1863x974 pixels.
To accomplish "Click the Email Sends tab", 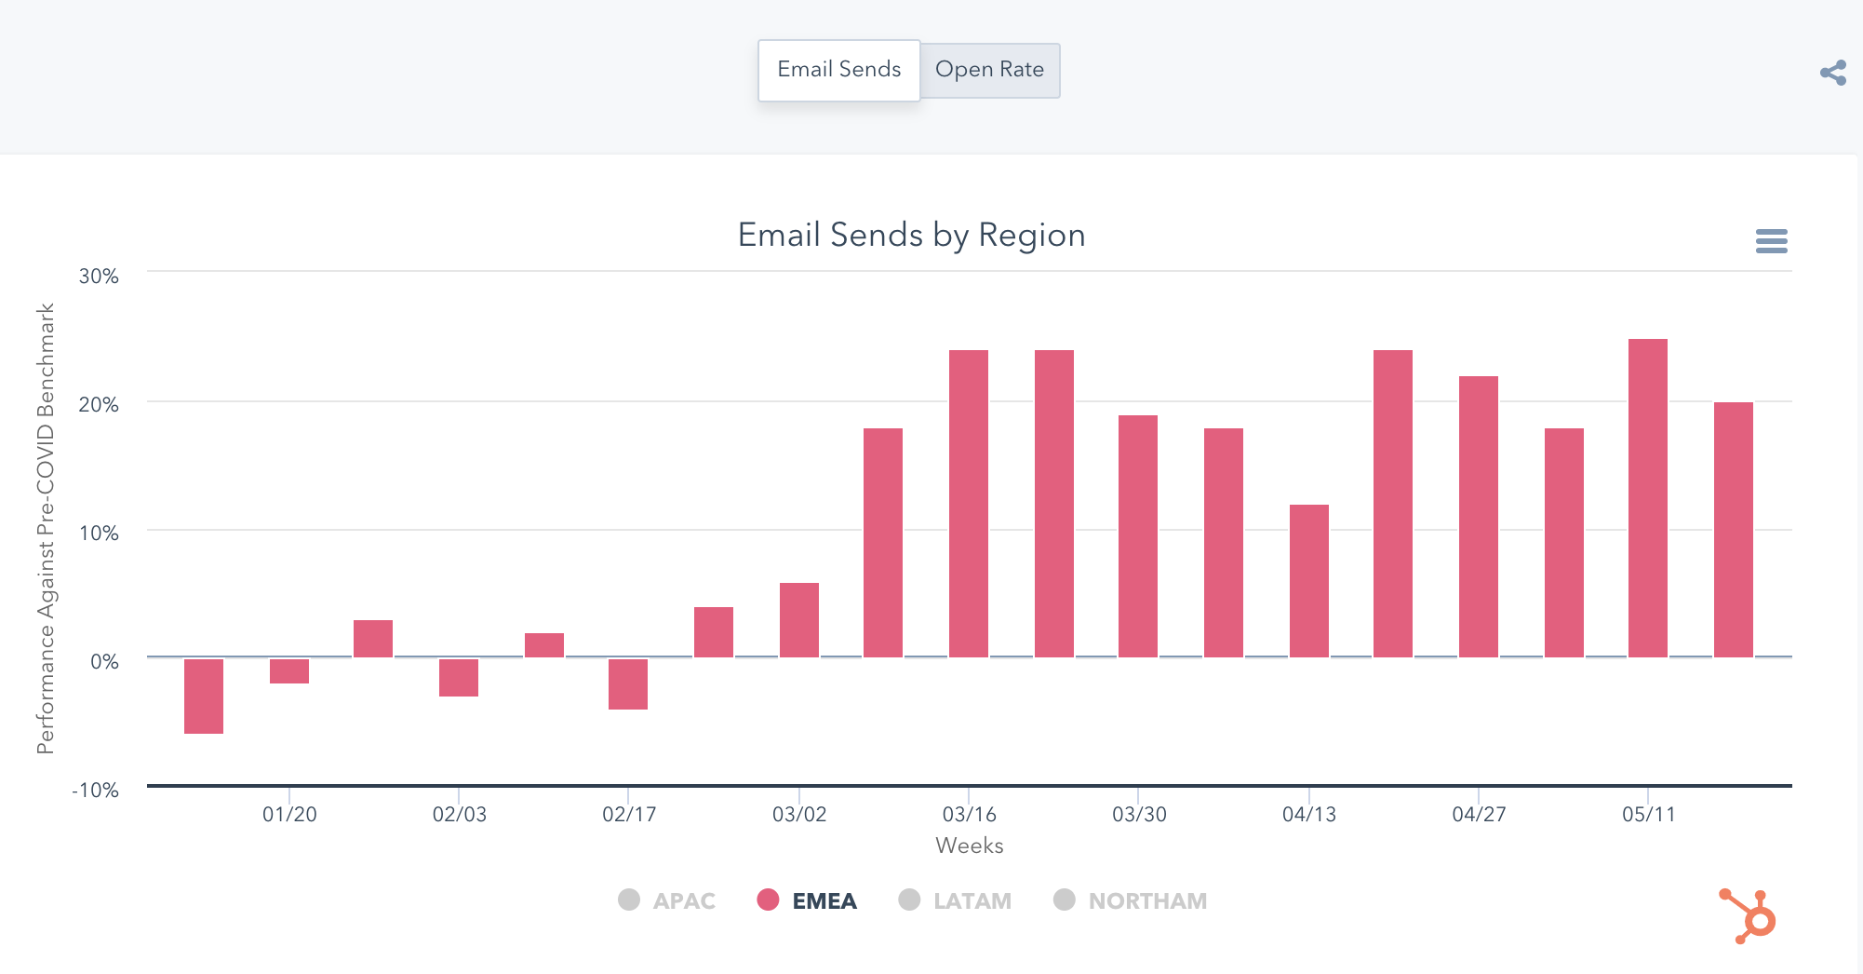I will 838,70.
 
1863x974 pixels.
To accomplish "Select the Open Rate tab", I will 989,70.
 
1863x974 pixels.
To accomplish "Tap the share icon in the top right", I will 1833,73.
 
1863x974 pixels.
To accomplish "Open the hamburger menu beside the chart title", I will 1771,241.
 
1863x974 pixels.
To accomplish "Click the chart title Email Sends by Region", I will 911,235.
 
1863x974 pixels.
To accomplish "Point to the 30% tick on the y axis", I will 99,277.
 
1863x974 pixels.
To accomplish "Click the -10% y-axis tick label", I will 96,791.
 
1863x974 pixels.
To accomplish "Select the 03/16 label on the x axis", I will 969,815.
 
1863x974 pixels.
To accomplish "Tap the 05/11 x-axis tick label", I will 1648,815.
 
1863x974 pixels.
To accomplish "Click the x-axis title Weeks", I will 969,845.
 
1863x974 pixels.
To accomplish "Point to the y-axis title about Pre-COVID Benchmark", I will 46,528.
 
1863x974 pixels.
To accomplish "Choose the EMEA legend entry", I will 807,900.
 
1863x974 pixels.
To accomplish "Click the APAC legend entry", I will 667,900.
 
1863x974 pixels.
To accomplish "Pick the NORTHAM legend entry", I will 1130,900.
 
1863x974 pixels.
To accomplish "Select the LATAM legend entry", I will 955,900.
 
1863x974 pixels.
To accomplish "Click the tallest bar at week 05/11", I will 1647,498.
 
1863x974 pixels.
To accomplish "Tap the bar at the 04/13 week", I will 1308,581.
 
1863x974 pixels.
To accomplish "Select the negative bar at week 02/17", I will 628,684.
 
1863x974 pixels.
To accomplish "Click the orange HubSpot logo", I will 1748,916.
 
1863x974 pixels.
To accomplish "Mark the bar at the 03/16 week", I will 968,504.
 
